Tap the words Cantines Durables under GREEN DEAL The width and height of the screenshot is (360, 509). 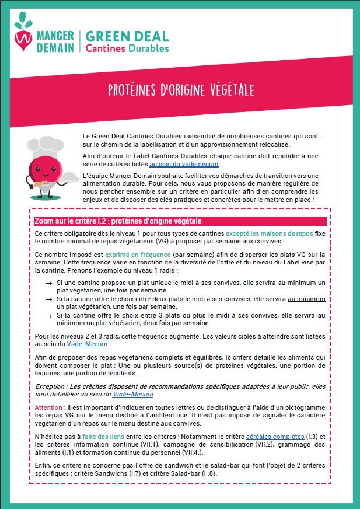[127, 48]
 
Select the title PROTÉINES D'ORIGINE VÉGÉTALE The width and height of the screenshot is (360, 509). [181, 90]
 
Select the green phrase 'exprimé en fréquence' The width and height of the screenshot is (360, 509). [138, 255]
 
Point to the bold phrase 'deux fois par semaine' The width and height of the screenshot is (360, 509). [176, 323]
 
